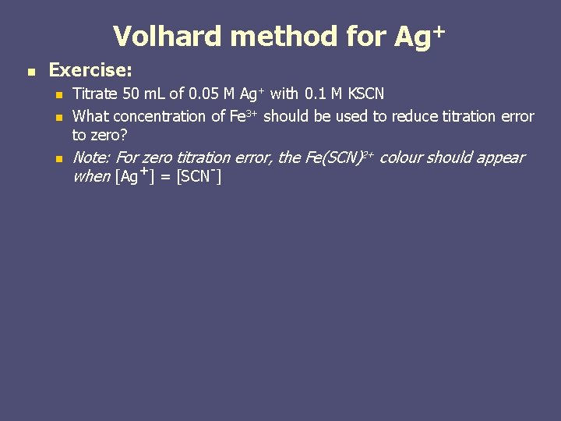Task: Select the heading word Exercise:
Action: [90, 70]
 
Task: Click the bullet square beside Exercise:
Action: [31, 72]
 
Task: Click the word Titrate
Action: [94, 94]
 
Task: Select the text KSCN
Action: [365, 94]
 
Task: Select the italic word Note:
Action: [91, 157]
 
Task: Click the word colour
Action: [405, 157]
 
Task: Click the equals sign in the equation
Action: [164, 177]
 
